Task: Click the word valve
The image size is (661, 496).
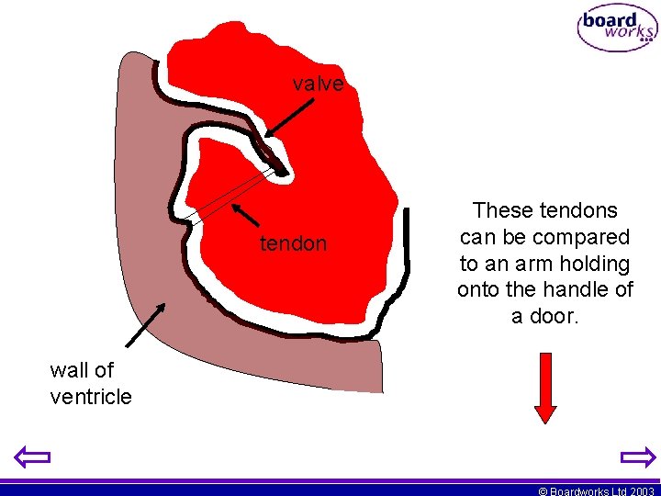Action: (x=318, y=85)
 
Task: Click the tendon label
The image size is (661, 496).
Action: (x=293, y=243)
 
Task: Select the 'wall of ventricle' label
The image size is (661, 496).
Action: (x=91, y=383)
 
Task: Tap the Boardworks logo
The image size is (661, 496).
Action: (x=617, y=29)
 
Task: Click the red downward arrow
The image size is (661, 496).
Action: (x=545, y=387)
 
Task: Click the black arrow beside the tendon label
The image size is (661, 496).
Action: (x=246, y=216)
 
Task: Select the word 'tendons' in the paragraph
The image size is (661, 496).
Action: (x=582, y=210)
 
